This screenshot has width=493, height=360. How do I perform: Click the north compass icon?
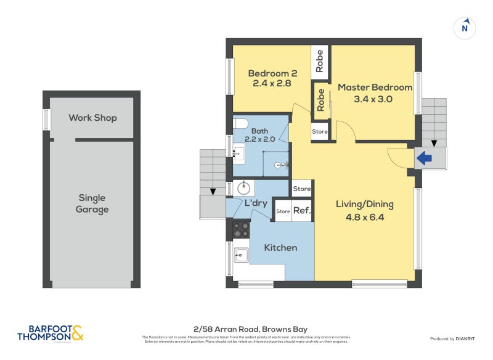[x=465, y=28]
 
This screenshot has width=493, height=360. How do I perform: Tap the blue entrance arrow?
[x=425, y=158]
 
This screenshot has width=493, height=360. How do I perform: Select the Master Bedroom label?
[x=374, y=88]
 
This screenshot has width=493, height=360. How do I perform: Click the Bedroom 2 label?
[x=269, y=74]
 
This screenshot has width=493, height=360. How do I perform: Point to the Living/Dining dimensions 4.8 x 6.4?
[x=364, y=216]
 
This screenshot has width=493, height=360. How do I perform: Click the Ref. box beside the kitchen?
[x=302, y=211]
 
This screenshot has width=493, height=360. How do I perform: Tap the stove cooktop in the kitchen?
[x=241, y=230]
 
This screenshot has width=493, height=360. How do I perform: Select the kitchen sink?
[x=240, y=254]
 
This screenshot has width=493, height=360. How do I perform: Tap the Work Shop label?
[x=92, y=117]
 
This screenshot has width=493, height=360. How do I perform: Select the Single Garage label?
[x=92, y=203]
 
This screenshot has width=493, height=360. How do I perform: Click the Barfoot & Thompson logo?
[x=50, y=333]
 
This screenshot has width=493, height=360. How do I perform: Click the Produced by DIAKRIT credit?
[x=456, y=339]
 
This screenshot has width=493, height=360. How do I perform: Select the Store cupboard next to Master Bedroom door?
[x=320, y=131]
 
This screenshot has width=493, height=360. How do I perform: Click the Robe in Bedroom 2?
[x=320, y=60]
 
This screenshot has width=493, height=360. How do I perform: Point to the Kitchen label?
[x=280, y=248]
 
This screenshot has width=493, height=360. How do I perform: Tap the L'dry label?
[x=255, y=203]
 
